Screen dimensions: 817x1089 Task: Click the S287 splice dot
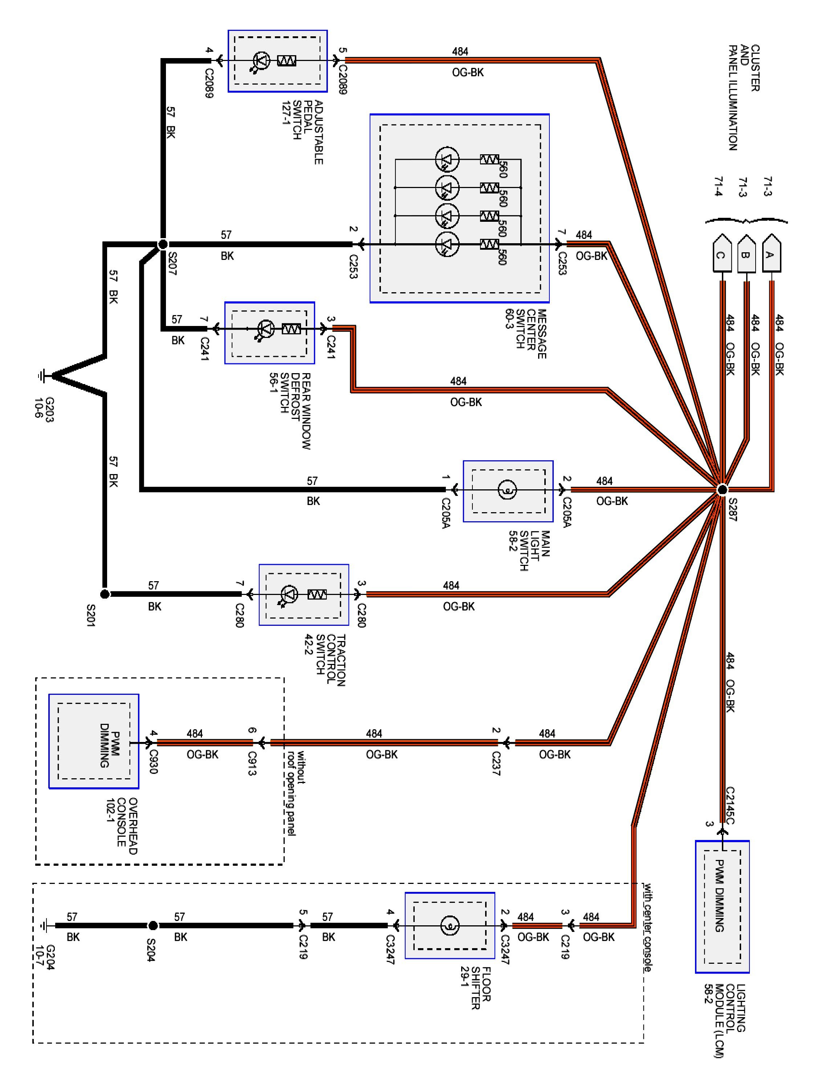(722, 489)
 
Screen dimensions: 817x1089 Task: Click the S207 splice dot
(163, 244)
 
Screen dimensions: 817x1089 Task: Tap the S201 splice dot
(105, 594)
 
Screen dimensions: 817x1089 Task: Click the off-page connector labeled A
(771, 253)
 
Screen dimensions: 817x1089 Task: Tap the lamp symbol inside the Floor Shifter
(450, 926)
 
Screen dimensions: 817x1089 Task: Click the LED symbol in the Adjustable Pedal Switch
(261, 61)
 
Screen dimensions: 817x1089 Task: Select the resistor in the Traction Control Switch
(317, 595)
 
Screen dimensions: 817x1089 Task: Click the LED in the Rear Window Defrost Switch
(266, 329)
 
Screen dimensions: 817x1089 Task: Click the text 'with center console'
(647, 927)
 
